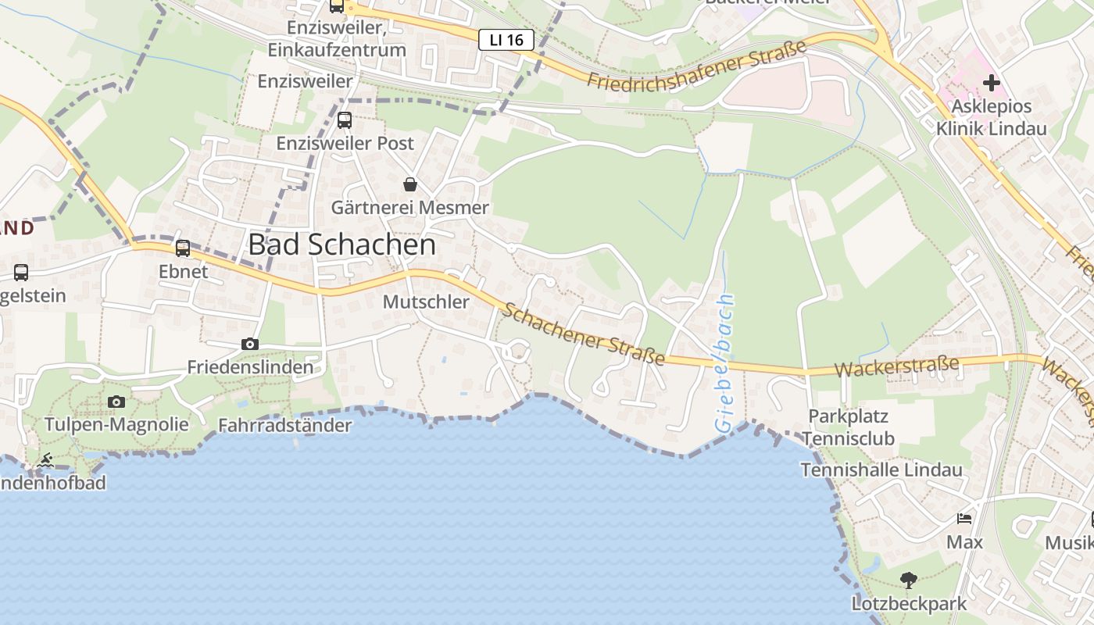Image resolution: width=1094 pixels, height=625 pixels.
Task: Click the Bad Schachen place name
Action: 341,245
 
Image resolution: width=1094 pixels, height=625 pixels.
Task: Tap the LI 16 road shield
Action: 506,40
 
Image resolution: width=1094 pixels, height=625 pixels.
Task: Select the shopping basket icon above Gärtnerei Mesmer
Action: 409,184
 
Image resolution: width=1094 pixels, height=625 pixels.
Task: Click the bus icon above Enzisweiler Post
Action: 345,120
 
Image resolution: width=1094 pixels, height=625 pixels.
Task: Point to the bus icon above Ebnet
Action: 183,248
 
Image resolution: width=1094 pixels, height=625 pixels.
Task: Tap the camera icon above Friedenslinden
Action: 250,344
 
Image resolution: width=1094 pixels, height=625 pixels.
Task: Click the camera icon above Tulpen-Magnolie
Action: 116,402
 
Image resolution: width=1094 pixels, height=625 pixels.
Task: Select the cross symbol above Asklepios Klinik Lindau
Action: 991,82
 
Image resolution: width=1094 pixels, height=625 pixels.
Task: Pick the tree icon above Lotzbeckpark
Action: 908,580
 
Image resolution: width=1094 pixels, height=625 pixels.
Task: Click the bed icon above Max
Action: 964,519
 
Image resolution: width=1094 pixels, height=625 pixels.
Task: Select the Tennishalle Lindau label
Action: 881,470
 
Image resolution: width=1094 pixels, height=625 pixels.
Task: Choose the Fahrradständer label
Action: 284,426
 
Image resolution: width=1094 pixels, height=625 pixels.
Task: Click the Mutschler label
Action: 426,302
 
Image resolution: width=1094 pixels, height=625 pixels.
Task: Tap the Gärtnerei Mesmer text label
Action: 409,207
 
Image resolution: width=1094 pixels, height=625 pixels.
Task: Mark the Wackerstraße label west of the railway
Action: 896,367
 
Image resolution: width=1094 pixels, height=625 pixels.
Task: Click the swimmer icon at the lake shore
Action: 45,461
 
